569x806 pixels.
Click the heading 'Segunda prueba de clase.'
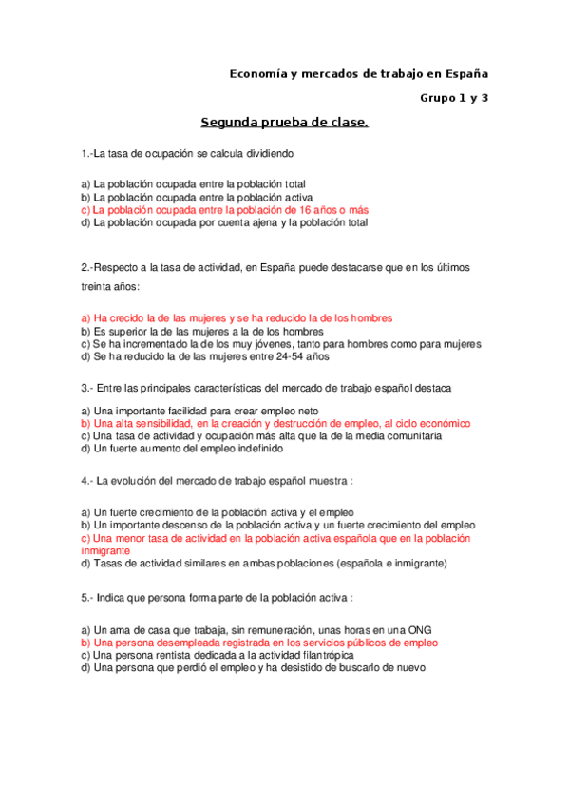tap(284, 123)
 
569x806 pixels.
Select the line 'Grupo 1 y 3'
tap(454, 97)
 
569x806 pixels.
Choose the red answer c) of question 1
tap(224, 210)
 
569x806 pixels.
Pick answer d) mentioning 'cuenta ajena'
tap(224, 222)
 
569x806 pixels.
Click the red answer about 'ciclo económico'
tap(275, 423)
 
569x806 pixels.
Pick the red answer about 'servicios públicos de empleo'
tap(259, 643)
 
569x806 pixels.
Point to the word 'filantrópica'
tap(325, 655)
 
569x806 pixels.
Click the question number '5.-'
tap(88, 598)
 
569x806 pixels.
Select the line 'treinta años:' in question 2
tap(110, 286)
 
